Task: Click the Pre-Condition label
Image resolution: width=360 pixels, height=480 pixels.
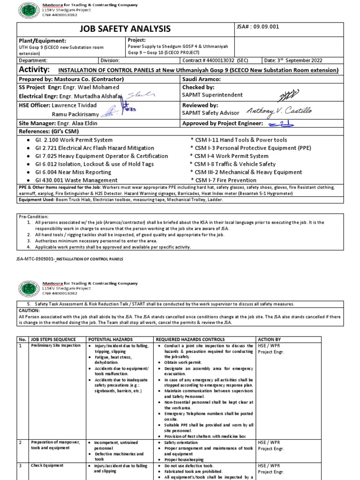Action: point(34,217)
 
